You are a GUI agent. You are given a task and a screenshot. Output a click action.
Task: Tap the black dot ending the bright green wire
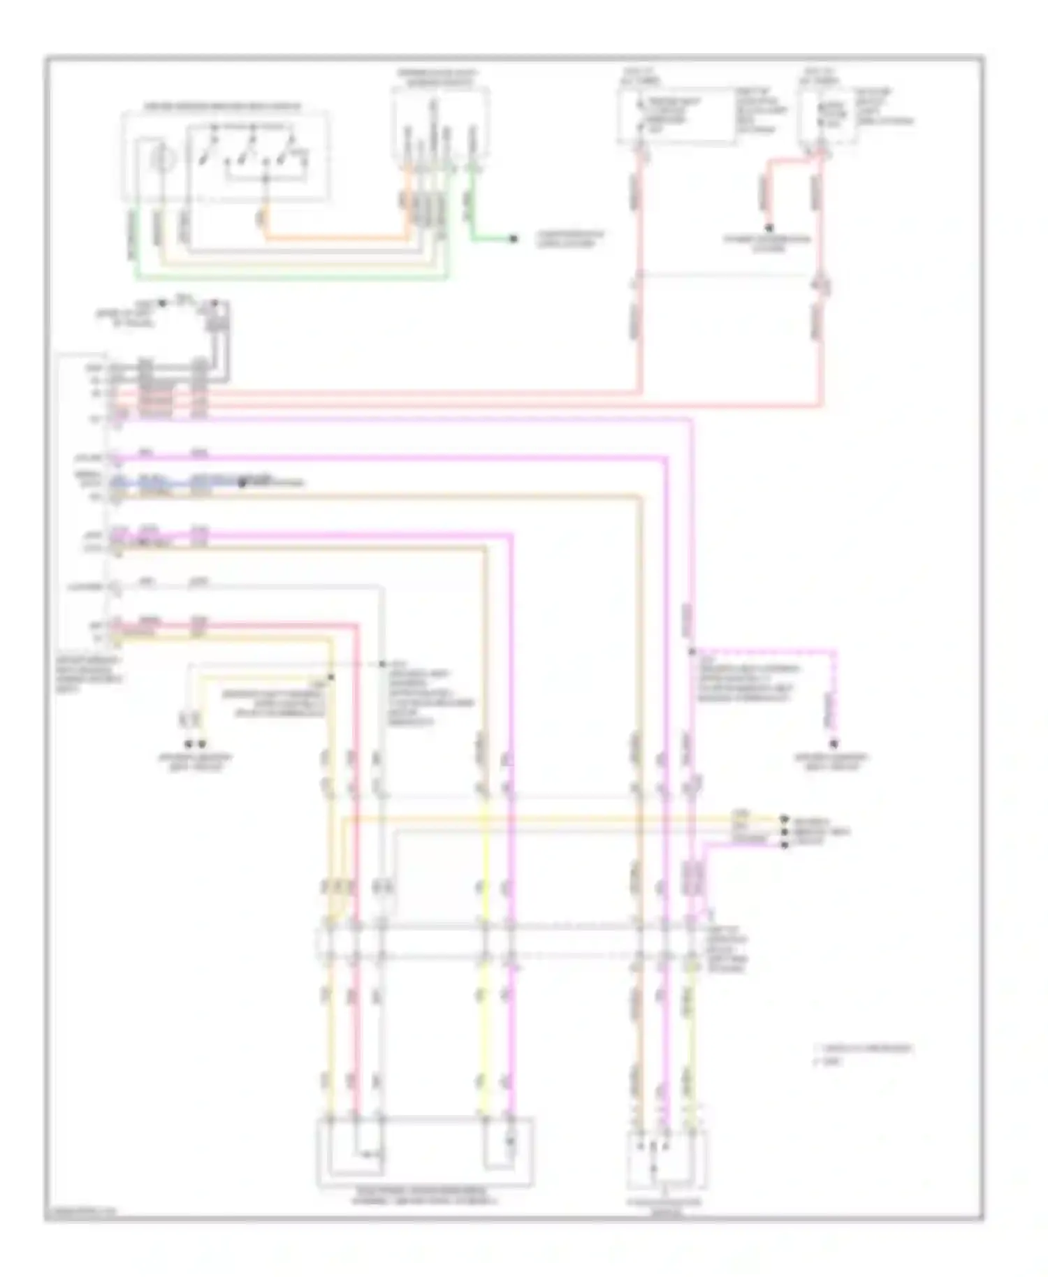[x=514, y=239]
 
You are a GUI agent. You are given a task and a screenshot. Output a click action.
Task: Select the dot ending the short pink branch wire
[x=769, y=227]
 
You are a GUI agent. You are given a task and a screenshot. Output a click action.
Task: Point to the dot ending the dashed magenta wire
[x=832, y=744]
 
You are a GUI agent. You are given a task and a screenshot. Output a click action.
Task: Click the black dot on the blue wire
[x=242, y=482]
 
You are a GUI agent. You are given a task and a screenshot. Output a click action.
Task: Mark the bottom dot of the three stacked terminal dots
[x=785, y=845]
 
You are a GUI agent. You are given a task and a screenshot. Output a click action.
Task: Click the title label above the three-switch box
[x=222, y=106]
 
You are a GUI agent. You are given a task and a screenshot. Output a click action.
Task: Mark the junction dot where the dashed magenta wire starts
[x=692, y=652]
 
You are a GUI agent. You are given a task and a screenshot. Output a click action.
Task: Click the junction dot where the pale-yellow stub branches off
[x=331, y=677]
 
